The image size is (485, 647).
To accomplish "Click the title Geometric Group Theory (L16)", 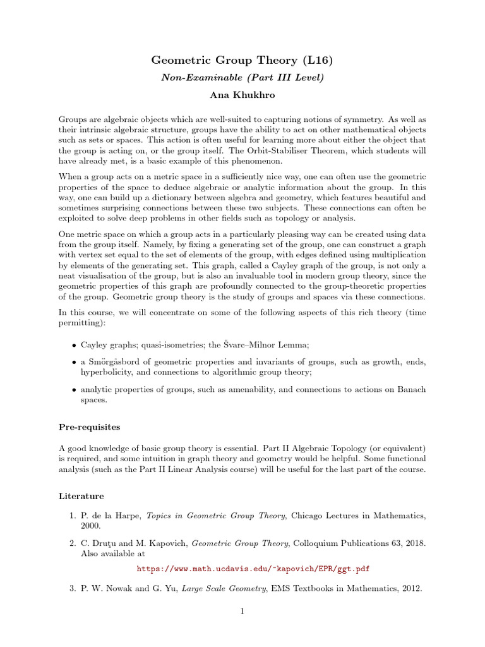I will coord(241,61).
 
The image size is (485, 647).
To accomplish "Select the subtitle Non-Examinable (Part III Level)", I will coord(241,78).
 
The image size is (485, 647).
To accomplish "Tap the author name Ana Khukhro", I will coord(241,95).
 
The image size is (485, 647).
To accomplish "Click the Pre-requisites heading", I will coord(89,427).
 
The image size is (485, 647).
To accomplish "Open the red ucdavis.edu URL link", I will coord(253,569).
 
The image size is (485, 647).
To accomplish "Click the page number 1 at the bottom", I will coord(242,611).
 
